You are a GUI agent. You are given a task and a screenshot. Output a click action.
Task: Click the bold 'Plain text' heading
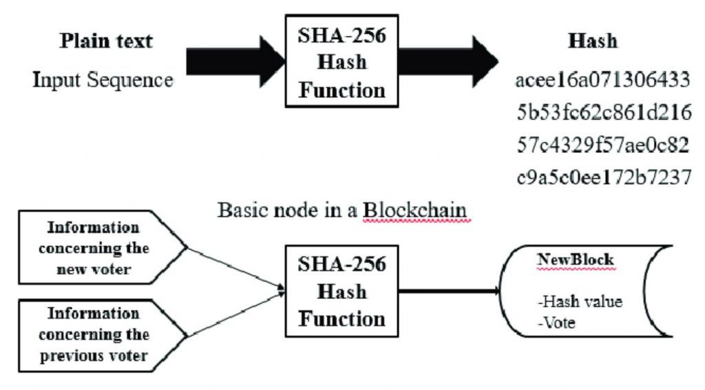[x=106, y=41]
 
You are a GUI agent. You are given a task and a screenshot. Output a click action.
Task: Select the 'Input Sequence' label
[x=103, y=80]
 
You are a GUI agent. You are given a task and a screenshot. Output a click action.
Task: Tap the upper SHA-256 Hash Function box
[x=341, y=61]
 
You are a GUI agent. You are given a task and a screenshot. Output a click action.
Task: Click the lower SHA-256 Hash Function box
[x=341, y=290]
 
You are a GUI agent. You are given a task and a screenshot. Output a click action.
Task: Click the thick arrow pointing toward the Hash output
[x=448, y=61]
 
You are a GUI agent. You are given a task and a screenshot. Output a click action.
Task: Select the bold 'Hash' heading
[x=592, y=41]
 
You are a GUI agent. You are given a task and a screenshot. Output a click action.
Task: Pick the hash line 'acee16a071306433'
[x=602, y=81]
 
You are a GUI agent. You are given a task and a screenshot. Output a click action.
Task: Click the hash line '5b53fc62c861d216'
[x=602, y=113]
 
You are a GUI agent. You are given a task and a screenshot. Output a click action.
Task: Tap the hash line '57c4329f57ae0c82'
[x=602, y=145]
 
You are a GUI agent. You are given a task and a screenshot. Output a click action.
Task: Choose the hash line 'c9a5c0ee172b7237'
[x=602, y=178]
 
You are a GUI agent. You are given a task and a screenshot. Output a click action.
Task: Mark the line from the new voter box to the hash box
[x=234, y=268]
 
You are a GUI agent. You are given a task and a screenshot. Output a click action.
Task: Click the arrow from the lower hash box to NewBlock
[x=448, y=290]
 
